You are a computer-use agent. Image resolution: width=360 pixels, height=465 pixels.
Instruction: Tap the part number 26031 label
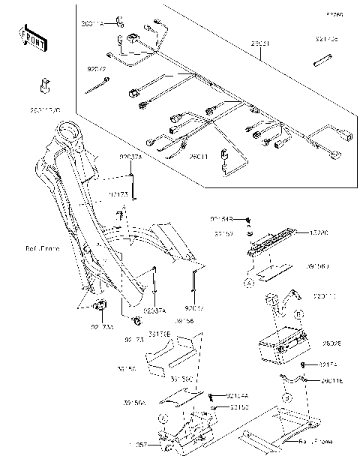point(260,45)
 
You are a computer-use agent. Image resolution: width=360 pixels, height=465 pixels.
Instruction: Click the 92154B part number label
point(221,218)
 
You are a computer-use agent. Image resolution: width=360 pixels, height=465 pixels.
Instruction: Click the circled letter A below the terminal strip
point(250,283)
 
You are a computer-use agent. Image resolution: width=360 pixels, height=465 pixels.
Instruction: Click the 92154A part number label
point(238,396)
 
